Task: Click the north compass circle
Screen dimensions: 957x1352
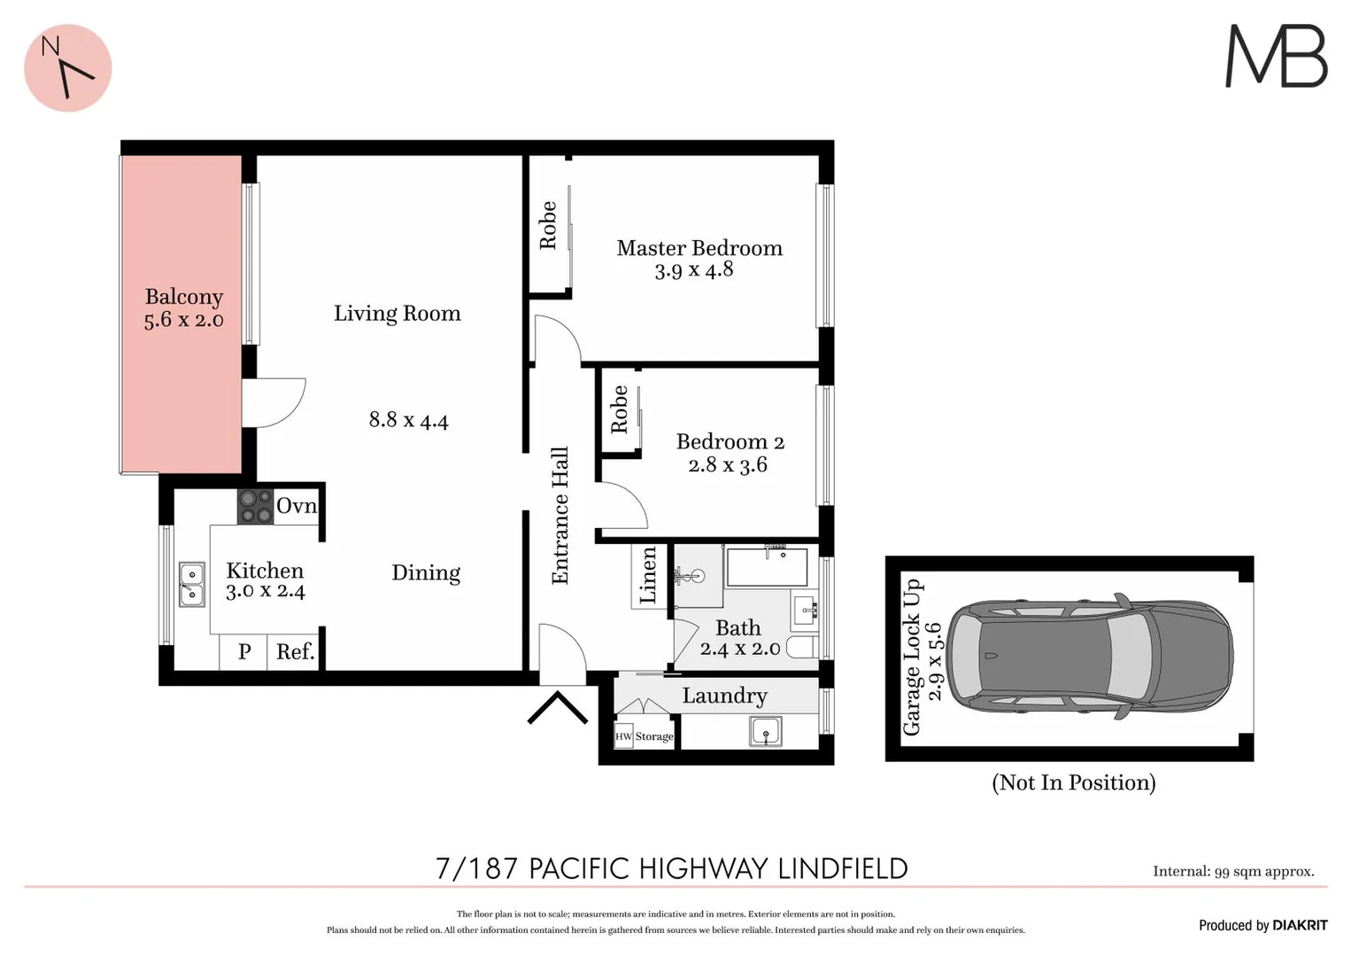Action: coord(67,68)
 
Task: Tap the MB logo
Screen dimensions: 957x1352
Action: coord(1276,56)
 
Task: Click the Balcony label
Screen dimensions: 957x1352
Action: coord(184,297)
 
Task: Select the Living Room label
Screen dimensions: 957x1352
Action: coord(397,314)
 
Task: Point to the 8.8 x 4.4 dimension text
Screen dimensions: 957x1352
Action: coord(408,420)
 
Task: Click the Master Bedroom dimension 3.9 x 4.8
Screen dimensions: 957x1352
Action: coord(693,270)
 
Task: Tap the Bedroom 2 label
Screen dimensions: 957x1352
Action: coord(730,441)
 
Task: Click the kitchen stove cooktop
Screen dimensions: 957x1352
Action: coord(256,507)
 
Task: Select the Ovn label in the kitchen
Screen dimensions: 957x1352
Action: coord(296,506)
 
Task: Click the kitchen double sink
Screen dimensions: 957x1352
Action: coord(191,584)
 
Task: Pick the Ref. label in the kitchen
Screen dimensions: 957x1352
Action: coord(295,652)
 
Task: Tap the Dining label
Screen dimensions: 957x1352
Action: coord(426,572)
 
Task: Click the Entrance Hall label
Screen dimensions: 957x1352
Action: coord(560,516)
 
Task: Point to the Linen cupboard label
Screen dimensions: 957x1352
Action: coord(648,576)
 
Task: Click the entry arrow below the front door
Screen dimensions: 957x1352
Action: coord(558,708)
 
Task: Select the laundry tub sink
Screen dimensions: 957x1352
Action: coord(765,732)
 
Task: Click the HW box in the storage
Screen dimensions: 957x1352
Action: coord(623,736)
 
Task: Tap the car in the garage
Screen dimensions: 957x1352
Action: coord(1089,657)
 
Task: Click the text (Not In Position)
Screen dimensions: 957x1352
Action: coord(1073,782)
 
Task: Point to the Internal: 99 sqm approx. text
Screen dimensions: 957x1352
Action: coord(1232,872)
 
